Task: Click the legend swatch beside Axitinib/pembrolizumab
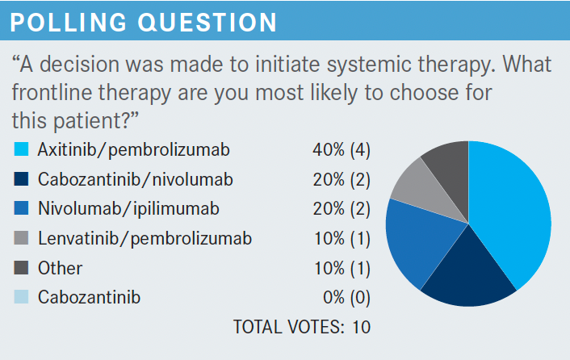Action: pyautogui.click(x=21, y=149)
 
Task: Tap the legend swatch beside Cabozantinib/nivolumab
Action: pyautogui.click(x=21, y=178)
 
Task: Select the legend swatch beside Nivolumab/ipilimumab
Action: pyautogui.click(x=21, y=208)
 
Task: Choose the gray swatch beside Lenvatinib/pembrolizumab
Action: pyautogui.click(x=21, y=238)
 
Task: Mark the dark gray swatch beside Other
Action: pyautogui.click(x=21, y=267)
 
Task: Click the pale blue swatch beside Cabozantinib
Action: pyautogui.click(x=21, y=297)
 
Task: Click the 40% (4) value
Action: pyautogui.click(x=342, y=149)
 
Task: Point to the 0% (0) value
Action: pyautogui.click(x=347, y=298)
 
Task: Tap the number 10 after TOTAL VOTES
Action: pyautogui.click(x=362, y=327)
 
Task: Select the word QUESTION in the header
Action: pyautogui.click(x=207, y=23)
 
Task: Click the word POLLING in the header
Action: pyautogui.click(x=69, y=23)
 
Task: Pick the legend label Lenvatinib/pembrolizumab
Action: pyautogui.click(x=145, y=239)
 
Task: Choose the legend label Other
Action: pyautogui.click(x=60, y=268)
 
